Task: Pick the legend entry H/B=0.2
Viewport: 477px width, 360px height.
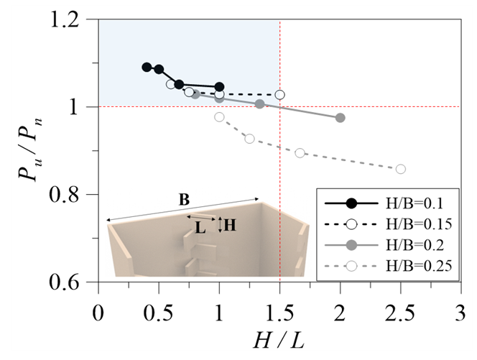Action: click(410, 245)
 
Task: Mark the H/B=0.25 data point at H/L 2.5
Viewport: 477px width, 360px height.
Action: click(400, 169)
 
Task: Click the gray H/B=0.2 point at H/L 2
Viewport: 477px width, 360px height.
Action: click(340, 118)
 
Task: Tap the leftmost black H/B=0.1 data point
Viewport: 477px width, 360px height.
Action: click(147, 67)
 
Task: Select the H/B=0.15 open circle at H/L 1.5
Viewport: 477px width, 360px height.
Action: click(279, 94)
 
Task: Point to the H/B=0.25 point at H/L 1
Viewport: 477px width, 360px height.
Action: click(219, 116)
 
